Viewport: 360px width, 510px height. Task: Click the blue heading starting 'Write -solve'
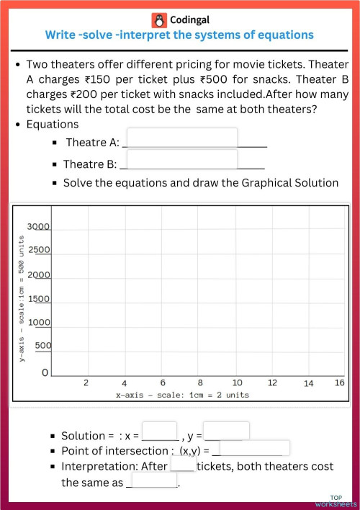click(179, 35)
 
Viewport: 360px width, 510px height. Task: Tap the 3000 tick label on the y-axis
click(38, 227)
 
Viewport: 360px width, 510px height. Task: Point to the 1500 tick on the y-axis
click(38, 298)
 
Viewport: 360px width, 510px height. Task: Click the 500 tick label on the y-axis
click(42, 346)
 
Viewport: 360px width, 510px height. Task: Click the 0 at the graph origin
click(45, 373)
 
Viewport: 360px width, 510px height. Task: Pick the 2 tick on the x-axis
click(86, 383)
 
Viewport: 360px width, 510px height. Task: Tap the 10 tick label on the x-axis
click(238, 383)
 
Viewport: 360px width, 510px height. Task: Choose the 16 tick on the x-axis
click(339, 383)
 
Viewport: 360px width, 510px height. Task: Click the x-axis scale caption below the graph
click(182, 395)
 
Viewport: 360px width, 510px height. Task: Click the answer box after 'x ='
click(160, 431)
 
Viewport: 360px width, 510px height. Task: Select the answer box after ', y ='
click(227, 431)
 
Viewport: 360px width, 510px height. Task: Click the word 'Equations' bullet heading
click(53, 125)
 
